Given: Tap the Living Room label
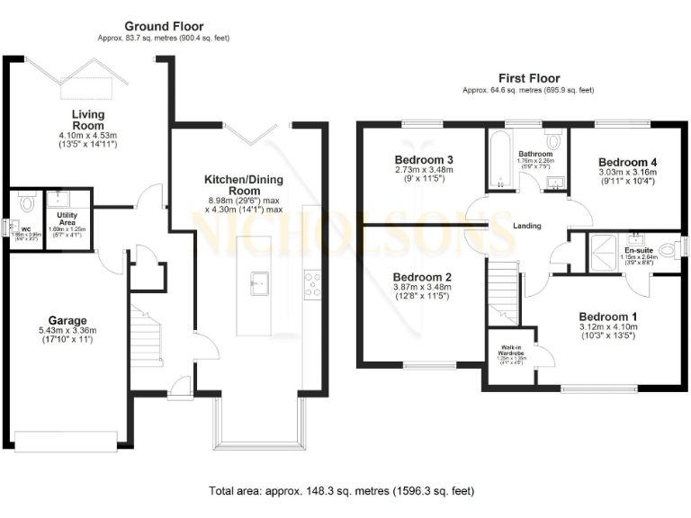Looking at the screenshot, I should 88,120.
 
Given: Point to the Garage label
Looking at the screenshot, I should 67,320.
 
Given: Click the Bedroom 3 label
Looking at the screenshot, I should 423,160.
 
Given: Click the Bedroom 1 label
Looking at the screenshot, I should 607,317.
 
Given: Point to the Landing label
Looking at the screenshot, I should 528,227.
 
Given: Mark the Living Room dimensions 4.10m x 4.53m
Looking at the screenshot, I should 88,135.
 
